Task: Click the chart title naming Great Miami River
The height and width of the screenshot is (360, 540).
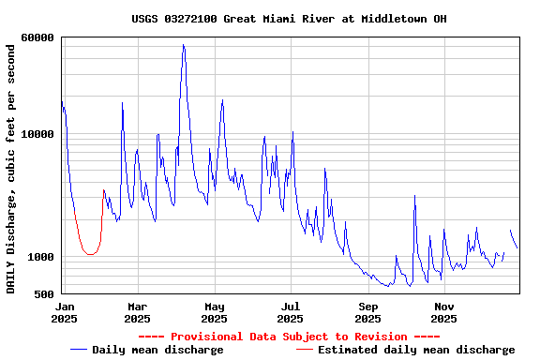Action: tap(289, 19)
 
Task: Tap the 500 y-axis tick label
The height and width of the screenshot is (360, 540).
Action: tap(43, 294)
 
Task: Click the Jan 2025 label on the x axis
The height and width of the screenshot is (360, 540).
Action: tap(64, 312)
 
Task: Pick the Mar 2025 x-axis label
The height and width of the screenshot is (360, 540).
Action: tap(137, 312)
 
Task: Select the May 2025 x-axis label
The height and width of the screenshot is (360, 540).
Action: tap(214, 312)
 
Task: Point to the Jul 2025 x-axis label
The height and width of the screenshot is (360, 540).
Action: tap(291, 312)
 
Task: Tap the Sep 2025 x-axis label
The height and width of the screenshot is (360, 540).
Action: tap(367, 312)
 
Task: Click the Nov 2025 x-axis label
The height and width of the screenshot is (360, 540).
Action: tap(444, 312)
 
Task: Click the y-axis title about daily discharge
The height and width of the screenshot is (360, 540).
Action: tap(11, 166)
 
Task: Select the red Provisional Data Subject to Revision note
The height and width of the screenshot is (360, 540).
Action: tap(289, 337)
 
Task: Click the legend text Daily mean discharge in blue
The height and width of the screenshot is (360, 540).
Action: tap(158, 350)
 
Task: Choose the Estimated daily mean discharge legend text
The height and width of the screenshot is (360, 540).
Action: tap(416, 350)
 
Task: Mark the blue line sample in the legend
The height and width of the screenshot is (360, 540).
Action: tap(79, 350)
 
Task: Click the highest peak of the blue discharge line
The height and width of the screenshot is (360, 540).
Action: tap(184, 45)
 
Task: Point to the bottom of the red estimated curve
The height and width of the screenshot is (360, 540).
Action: tap(90, 254)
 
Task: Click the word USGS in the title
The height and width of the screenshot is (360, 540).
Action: tap(145, 19)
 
